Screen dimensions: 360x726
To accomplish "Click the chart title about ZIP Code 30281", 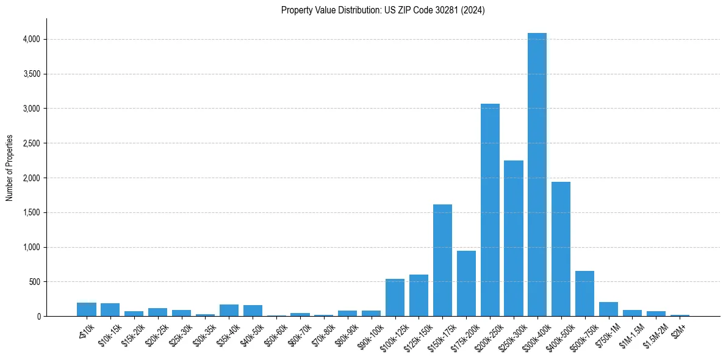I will tap(383, 10).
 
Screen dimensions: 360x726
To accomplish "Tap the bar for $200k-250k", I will tap(490, 210).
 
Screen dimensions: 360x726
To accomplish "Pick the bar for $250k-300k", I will tap(514, 238).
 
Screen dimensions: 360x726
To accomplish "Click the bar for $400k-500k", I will tap(561, 249).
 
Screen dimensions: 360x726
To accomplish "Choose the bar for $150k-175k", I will tap(442, 261).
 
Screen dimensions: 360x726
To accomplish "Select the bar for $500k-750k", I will tap(584, 293).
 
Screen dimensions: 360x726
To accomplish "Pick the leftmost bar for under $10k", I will tap(87, 309).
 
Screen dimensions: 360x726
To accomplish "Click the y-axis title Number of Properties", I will tap(10, 168).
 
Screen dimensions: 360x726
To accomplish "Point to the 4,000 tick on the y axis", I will tap(31, 39).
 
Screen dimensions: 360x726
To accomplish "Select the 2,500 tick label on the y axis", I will tap(31, 143).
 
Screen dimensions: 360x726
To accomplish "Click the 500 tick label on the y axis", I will tap(34, 282).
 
